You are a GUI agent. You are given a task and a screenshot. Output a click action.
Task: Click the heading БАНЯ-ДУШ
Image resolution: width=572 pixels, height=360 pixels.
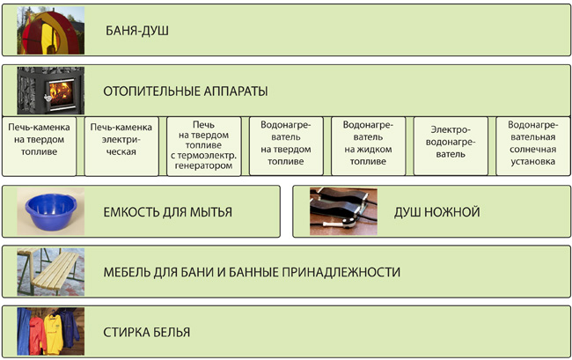(137, 31)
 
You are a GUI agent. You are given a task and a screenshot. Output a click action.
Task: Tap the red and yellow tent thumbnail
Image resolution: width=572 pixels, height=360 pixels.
(51, 30)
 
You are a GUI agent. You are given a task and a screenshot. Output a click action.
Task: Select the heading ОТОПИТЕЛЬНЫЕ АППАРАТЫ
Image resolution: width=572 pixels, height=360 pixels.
(186, 92)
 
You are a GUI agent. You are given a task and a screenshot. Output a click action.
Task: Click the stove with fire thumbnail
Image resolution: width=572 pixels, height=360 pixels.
(51, 91)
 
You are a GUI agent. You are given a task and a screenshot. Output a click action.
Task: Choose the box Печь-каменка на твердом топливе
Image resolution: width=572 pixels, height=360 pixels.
(39, 146)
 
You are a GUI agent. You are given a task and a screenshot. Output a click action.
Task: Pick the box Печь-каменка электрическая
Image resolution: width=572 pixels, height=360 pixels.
(121, 146)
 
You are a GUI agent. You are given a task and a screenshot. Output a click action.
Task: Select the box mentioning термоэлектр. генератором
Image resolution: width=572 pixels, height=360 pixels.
(204, 146)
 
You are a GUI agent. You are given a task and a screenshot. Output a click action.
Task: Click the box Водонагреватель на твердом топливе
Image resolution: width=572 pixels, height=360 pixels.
(286, 146)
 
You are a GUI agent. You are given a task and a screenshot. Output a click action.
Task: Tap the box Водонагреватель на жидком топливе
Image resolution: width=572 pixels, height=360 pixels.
(369, 146)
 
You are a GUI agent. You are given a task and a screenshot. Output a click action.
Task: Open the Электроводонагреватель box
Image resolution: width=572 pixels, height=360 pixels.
(451, 146)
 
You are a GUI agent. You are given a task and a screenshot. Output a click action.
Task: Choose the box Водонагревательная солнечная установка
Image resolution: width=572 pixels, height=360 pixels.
(533, 146)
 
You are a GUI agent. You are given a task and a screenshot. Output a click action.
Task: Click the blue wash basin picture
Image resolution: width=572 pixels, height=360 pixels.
(51, 211)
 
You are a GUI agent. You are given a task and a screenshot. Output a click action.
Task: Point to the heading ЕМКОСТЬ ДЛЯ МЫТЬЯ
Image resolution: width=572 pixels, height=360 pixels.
(168, 212)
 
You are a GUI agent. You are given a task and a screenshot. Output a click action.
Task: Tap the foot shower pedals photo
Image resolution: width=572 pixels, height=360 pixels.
(343, 211)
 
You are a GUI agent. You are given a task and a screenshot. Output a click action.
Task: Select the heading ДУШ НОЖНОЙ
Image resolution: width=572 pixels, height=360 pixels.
(437, 212)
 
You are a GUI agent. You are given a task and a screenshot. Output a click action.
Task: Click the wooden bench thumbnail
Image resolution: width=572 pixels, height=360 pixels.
(51, 272)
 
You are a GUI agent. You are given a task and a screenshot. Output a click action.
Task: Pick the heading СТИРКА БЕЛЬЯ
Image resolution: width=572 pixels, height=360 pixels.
(147, 333)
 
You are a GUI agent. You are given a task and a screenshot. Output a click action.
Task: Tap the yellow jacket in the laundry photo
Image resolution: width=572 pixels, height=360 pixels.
(54, 334)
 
